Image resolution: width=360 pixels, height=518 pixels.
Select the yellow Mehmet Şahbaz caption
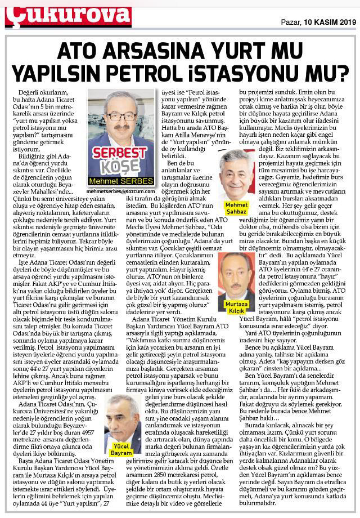click(x=236, y=207)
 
